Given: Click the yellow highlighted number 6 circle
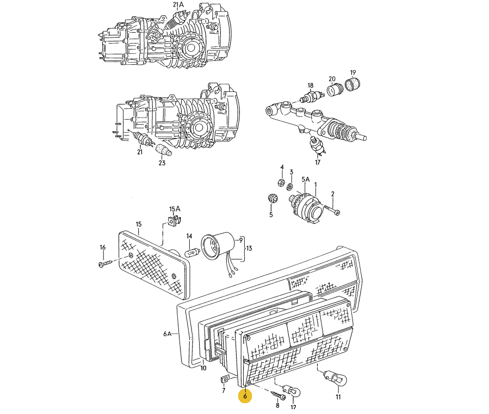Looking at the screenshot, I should point(245,397).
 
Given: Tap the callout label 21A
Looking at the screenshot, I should point(178,5).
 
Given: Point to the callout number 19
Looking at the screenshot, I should point(352,72).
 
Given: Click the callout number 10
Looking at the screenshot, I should point(203,368).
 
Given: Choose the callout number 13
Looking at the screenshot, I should point(249,249).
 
